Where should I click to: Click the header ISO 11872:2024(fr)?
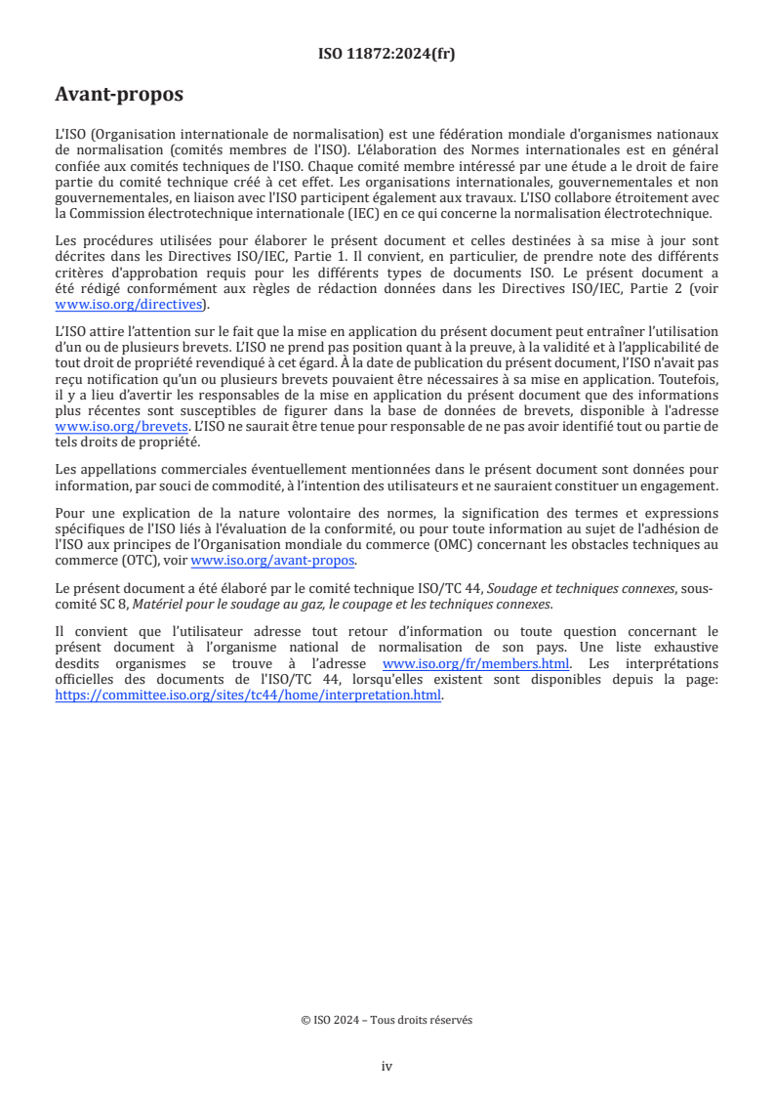387,55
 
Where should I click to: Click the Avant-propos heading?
119,95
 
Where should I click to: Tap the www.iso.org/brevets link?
121,427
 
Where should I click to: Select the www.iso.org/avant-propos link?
273,560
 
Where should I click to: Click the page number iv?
387,1066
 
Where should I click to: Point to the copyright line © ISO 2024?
387,1019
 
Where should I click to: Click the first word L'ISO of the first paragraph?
70,134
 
